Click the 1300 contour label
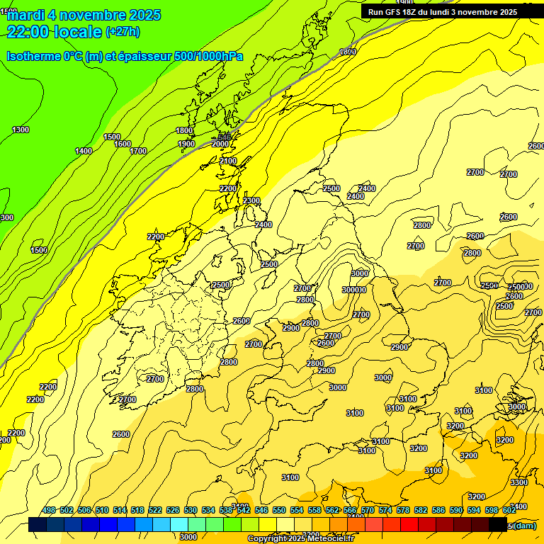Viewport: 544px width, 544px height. point(21,130)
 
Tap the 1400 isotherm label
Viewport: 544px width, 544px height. point(84,151)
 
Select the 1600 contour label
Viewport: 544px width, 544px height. point(123,144)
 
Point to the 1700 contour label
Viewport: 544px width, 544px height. point(138,151)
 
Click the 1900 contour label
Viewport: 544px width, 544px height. point(186,144)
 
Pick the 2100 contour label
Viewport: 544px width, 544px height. point(228,161)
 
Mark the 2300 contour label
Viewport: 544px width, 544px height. point(251,201)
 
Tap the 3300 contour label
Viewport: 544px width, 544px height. point(518,482)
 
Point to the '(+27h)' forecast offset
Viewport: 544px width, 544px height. point(123,32)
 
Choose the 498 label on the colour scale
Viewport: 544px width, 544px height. point(49,510)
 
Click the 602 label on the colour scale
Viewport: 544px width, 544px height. point(509,510)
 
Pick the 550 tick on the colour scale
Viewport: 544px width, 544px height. point(279,510)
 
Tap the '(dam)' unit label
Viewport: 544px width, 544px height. point(524,526)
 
